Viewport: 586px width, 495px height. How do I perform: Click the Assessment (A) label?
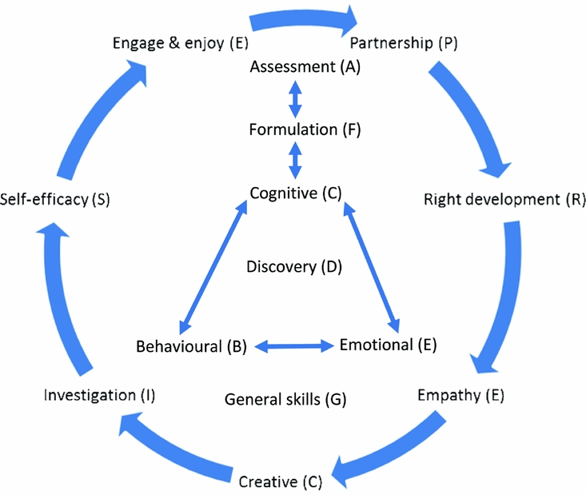(305, 67)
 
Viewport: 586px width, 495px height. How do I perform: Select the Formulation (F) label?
(294, 129)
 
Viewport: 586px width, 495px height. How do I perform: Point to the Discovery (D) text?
(294, 266)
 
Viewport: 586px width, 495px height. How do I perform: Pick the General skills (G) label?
(285, 398)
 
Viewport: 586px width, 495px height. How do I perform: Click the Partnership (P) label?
(402, 43)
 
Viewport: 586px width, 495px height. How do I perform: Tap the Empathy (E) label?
(461, 394)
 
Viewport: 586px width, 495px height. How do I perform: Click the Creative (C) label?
(280, 481)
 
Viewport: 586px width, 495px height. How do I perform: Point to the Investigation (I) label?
(100, 394)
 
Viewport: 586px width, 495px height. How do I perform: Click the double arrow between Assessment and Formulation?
(295, 98)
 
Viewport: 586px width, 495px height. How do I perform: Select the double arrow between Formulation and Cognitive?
(295, 161)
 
